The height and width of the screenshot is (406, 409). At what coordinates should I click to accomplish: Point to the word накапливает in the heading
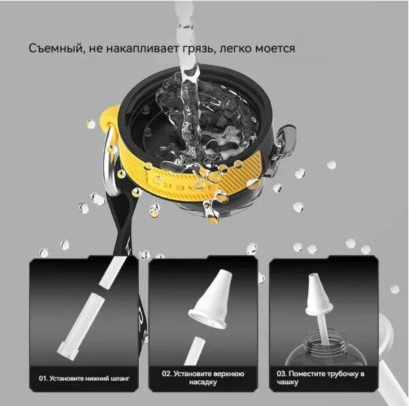tap(143, 48)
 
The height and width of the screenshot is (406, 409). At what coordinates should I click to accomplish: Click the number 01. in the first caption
tap(43, 378)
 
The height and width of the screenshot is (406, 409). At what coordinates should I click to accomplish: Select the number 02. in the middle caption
tap(167, 374)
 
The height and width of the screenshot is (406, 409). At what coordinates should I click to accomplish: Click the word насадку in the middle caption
tap(203, 382)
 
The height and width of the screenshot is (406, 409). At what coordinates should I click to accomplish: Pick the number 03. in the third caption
tap(282, 374)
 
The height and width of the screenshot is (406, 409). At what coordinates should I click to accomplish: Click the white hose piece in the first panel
tap(82, 326)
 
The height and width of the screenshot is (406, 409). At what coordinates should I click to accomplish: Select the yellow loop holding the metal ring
tap(109, 117)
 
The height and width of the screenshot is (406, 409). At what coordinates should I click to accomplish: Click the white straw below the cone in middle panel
tap(195, 351)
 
